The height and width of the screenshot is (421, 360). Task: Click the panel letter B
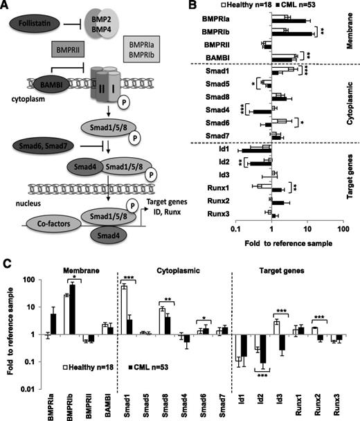click(x=198, y=7)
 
